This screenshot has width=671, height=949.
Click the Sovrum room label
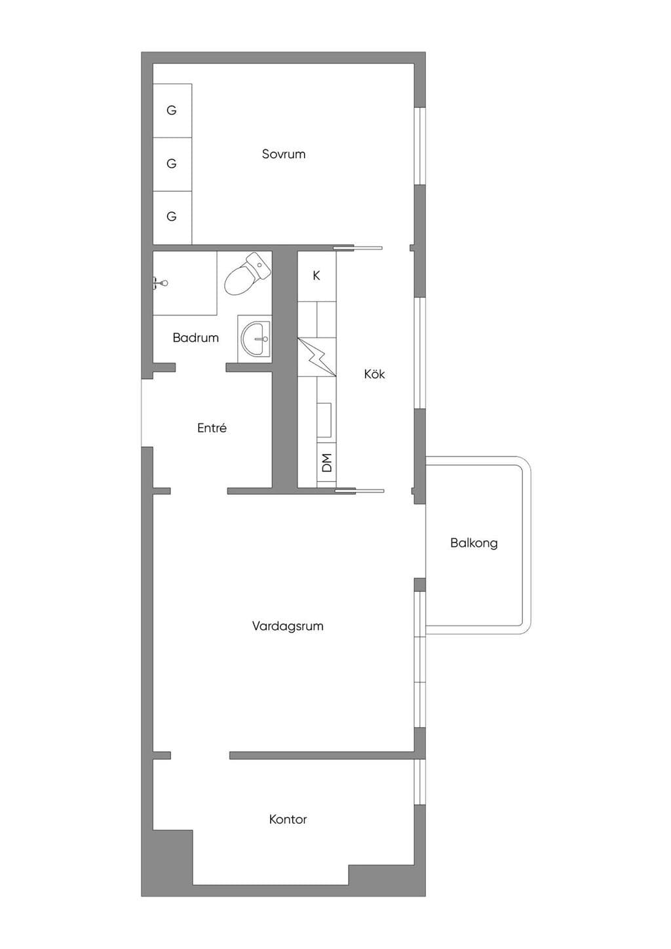tap(284, 154)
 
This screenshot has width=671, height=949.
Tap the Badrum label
tap(196, 338)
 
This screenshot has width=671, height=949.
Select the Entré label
tap(212, 428)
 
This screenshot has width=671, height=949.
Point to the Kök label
tap(374, 374)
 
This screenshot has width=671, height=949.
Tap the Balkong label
tap(474, 543)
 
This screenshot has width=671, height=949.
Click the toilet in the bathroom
tap(247, 274)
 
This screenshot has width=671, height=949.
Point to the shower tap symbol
tap(161, 282)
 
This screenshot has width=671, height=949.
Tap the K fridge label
tap(316, 276)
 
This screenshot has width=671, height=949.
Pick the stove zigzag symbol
tap(317, 357)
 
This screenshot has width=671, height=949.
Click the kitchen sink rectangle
tap(325, 420)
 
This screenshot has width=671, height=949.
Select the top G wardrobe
tap(172, 110)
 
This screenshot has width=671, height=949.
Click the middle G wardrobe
tap(172, 164)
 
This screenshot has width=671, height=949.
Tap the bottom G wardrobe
tap(172, 217)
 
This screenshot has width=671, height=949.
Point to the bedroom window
tap(419, 146)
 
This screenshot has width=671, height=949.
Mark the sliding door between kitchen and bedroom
tap(358, 248)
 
